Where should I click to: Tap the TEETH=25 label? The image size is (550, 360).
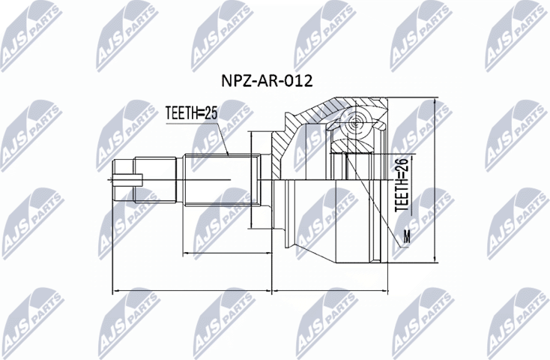pos(190,114)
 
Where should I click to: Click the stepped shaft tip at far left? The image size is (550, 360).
pos(124,179)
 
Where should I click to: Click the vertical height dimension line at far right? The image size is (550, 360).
pos(436,180)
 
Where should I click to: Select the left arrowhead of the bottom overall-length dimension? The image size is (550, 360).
pos(115,290)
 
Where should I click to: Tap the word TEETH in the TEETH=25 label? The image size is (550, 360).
pos(181,114)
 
